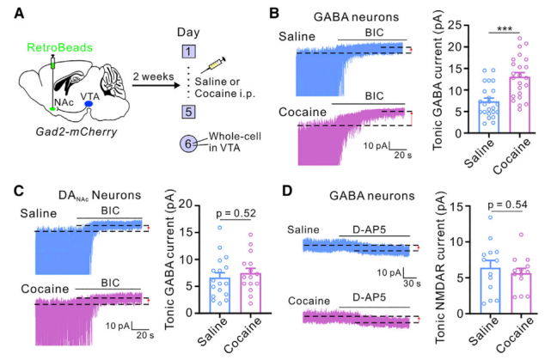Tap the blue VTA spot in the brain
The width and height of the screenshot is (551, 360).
pos(96,105)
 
